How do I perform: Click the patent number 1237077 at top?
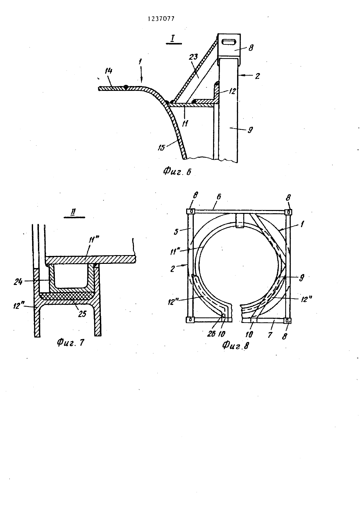pyautogui.click(x=161, y=19)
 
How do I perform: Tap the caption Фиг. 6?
pyautogui.click(x=177, y=172)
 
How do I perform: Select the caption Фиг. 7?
pyautogui.click(x=70, y=342)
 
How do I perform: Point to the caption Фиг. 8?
pyautogui.click(x=235, y=345)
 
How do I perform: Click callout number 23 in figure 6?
pyautogui.click(x=193, y=56)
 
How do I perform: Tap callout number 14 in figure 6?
pyautogui.click(x=109, y=71)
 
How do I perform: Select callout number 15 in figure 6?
pyautogui.click(x=161, y=148)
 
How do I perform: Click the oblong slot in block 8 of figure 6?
pyautogui.click(x=228, y=42)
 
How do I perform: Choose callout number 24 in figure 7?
pyautogui.click(x=18, y=282)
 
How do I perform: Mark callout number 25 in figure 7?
pyautogui.click(x=82, y=314)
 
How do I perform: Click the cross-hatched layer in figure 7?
pyautogui.click(x=67, y=296)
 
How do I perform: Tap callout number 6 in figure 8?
pyautogui.click(x=219, y=197)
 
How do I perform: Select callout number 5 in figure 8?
pyautogui.click(x=176, y=231)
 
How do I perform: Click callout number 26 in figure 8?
pyautogui.click(x=211, y=334)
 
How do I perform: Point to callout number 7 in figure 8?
pyautogui.click(x=270, y=335)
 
